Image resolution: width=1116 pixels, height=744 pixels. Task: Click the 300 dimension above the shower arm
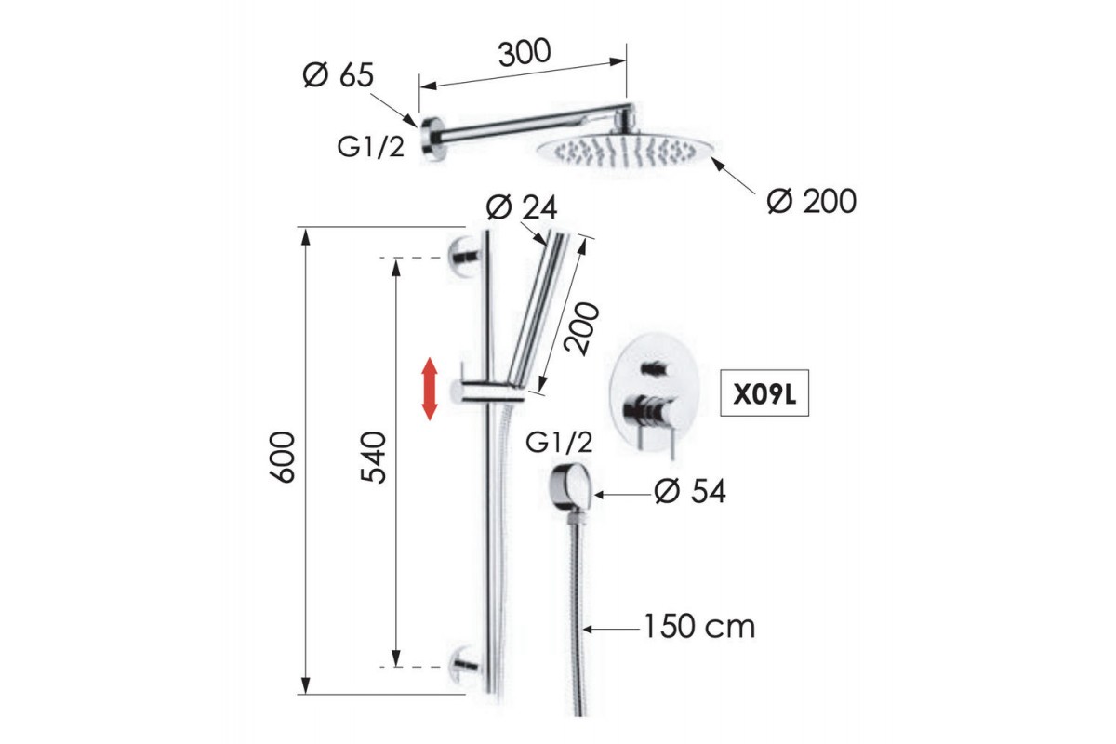pyautogui.click(x=525, y=52)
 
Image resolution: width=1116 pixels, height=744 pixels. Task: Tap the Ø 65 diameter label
pyautogui.click(x=338, y=75)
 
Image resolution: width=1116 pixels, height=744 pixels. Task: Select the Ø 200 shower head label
pyautogui.click(x=812, y=201)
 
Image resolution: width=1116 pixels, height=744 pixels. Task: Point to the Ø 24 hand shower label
pyautogui.click(x=522, y=207)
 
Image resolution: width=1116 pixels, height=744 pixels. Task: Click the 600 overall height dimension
pyautogui.click(x=282, y=458)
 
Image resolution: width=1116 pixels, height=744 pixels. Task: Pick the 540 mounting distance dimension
pyautogui.click(x=373, y=458)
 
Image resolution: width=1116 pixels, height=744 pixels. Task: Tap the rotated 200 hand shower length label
pyautogui.click(x=582, y=328)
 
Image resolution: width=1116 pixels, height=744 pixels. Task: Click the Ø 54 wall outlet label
pyautogui.click(x=690, y=491)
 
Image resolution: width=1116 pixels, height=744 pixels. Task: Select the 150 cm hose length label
pyautogui.click(x=699, y=627)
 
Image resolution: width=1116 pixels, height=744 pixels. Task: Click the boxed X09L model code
pyautogui.click(x=764, y=393)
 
